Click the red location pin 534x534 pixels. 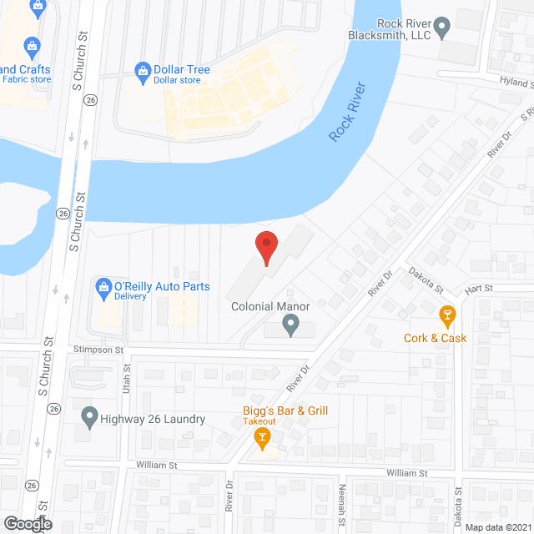tap(265, 248)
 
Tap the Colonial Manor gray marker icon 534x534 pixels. tap(290, 325)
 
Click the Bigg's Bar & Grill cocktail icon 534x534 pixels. tap(263, 436)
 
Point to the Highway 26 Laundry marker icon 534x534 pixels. tap(89, 416)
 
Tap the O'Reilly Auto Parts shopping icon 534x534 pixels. tap(104, 287)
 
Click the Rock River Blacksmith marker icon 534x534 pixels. tap(443, 28)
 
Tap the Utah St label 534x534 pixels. tap(128, 379)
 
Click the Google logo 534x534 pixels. tap(27, 523)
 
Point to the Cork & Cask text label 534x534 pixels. tap(435, 338)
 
